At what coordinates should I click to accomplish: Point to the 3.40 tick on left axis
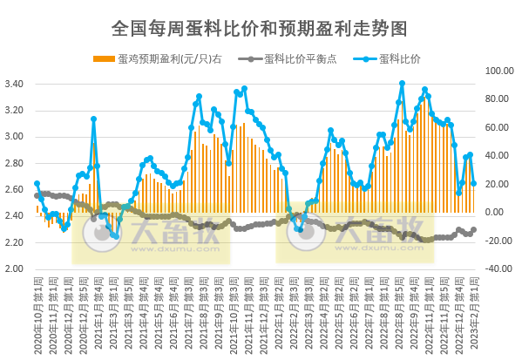17,84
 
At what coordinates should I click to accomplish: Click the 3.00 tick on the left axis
17,137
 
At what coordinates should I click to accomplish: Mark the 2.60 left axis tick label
17,189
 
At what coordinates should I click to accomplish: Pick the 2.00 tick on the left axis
17,268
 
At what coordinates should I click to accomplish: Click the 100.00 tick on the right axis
498,71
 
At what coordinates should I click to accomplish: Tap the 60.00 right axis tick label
498,127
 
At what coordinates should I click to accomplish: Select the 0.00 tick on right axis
496,212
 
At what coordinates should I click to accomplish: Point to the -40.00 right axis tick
498,268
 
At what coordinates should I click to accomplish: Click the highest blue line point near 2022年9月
402,84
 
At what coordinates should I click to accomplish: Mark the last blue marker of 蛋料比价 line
473,183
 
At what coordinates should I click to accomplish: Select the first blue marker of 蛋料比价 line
37,183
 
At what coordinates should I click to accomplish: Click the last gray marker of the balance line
473,230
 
